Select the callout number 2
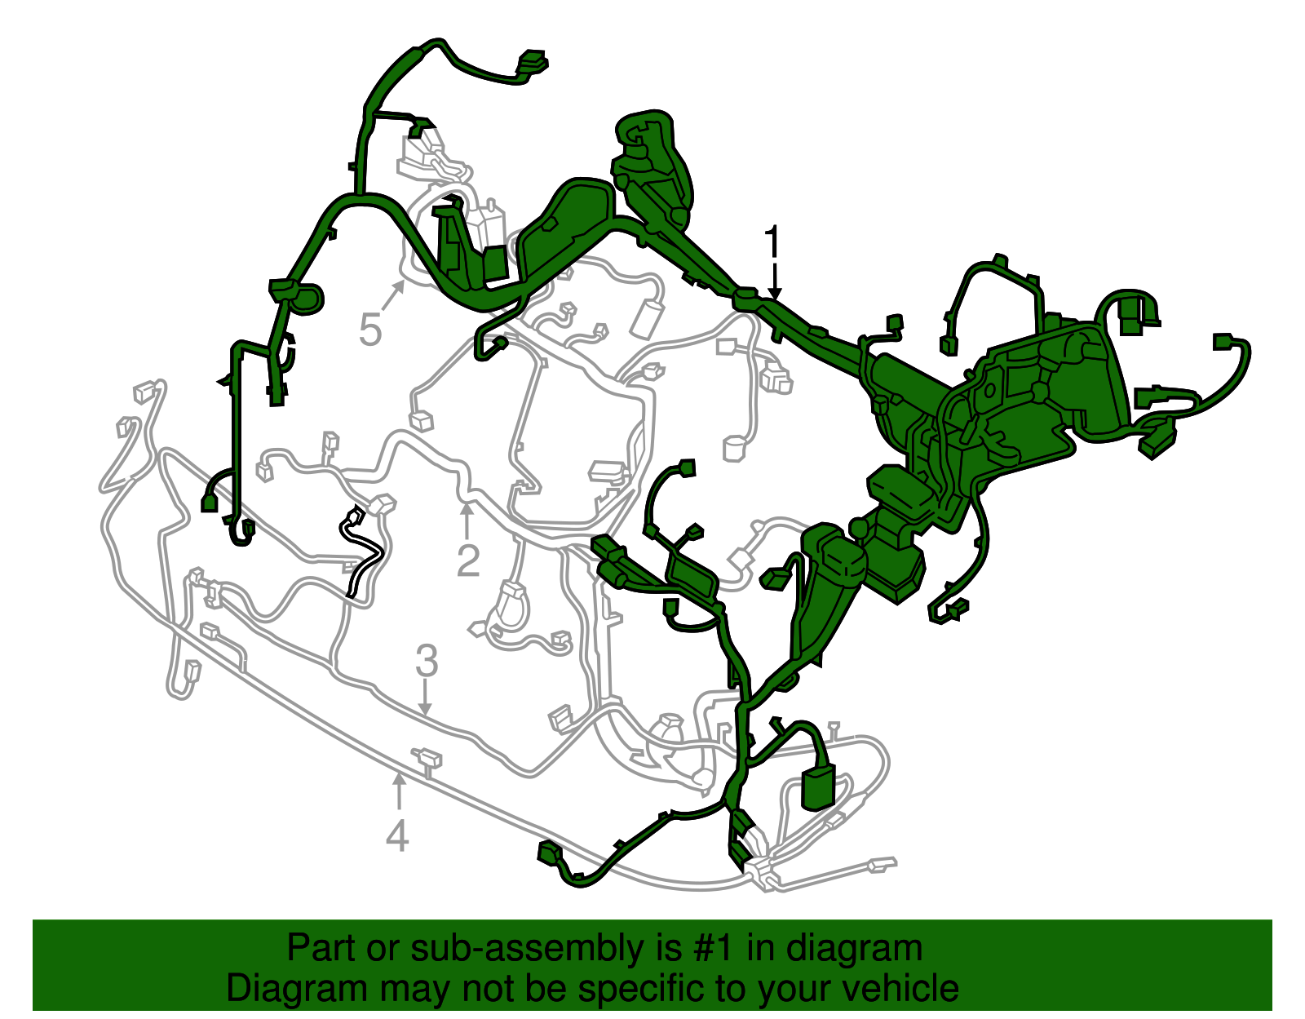click(468, 560)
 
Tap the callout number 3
click(427, 662)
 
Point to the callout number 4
click(397, 836)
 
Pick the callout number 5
click(370, 331)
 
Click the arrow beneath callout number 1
click(773, 286)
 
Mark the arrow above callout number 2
click(467, 521)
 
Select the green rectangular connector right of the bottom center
click(819, 786)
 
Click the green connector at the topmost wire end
click(532, 62)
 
